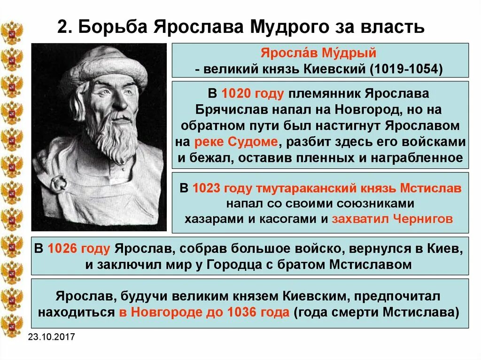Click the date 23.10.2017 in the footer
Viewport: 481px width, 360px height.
51,337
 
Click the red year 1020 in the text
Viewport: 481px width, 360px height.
237,93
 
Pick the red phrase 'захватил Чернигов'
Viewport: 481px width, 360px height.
392,219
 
